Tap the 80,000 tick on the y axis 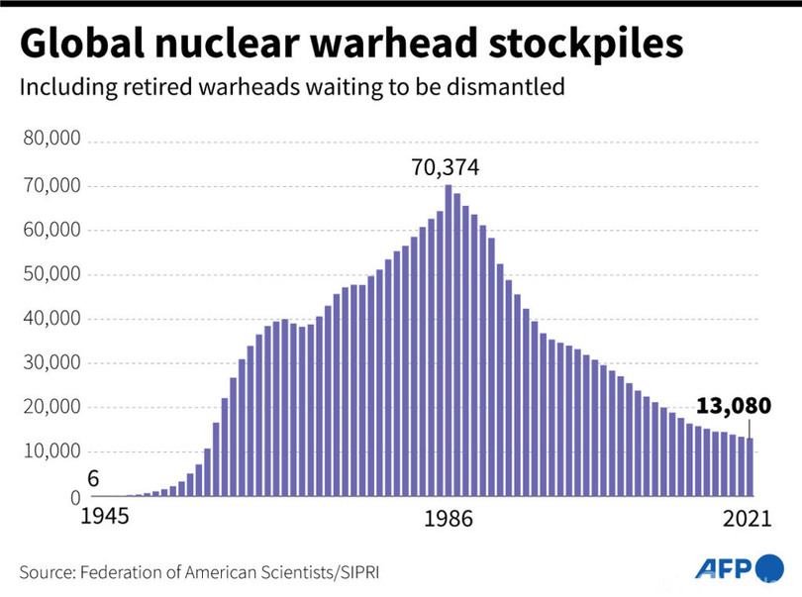[50, 142]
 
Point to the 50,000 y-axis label [50, 274]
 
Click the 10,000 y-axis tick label [50, 451]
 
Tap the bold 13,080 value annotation [734, 406]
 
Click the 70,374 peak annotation [446, 167]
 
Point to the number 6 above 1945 [93, 479]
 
